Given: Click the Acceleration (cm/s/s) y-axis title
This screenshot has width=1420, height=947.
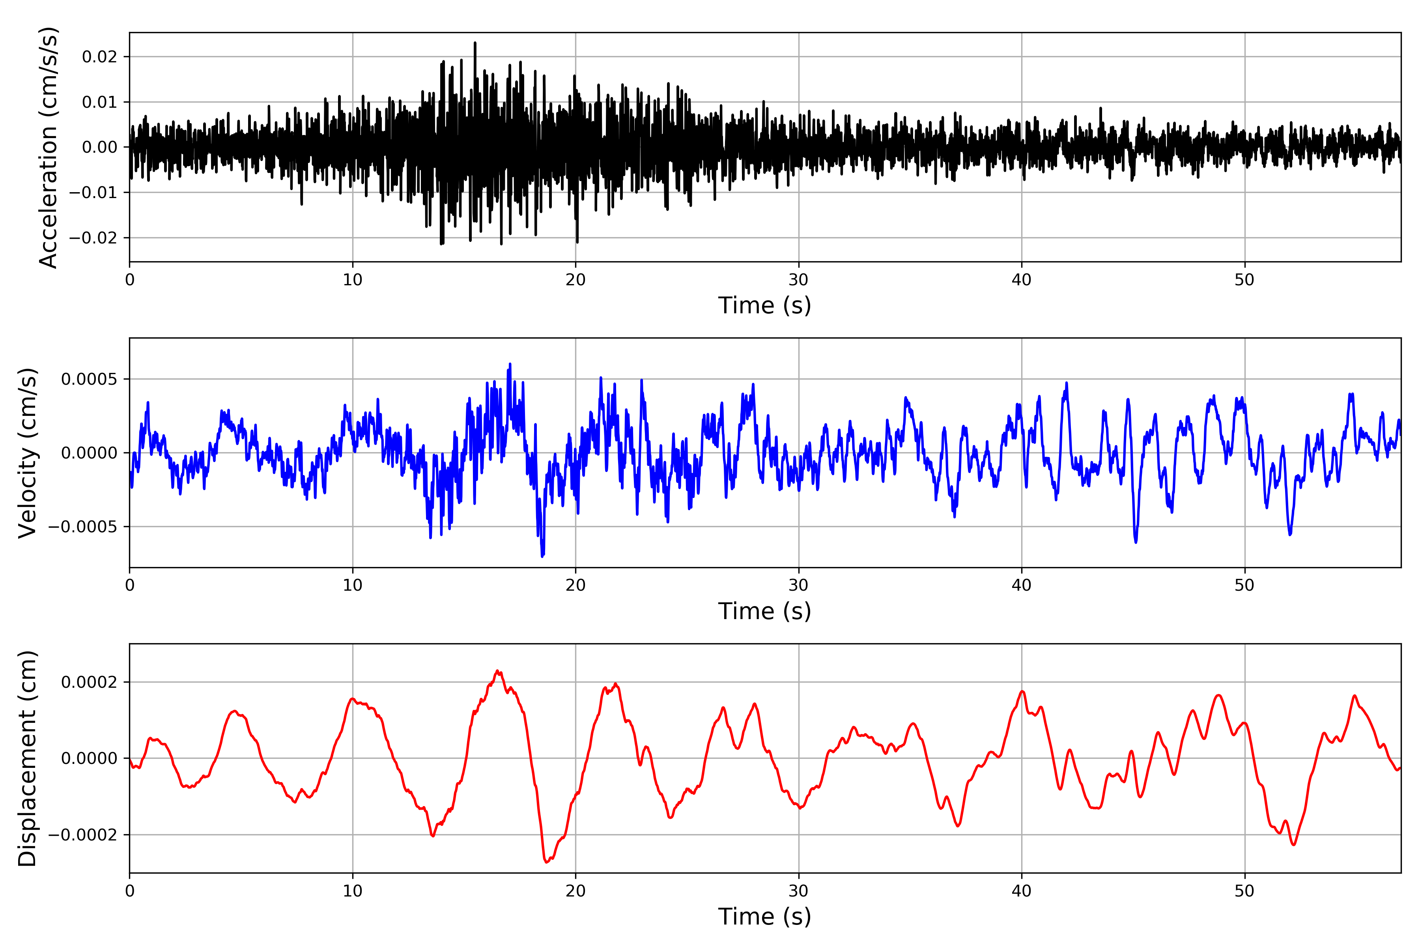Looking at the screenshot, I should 48,147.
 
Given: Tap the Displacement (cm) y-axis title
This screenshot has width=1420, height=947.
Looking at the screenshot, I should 28,758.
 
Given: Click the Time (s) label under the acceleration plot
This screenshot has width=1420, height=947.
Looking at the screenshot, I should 764,305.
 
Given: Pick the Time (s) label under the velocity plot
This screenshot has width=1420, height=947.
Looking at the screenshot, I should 764,611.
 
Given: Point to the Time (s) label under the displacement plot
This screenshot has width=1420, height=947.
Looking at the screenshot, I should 764,917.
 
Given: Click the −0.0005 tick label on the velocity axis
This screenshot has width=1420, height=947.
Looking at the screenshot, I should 83,527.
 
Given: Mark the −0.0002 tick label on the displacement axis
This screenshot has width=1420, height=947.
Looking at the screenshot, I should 83,835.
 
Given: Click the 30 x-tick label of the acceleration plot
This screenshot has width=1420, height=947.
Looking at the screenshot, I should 798,280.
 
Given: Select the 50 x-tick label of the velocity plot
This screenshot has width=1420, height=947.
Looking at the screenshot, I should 1244,585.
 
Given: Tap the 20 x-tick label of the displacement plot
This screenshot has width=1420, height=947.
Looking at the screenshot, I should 575,891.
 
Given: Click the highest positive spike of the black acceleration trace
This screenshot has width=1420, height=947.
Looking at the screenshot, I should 475,43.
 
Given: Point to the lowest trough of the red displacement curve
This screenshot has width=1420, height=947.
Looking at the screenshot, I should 546,862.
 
